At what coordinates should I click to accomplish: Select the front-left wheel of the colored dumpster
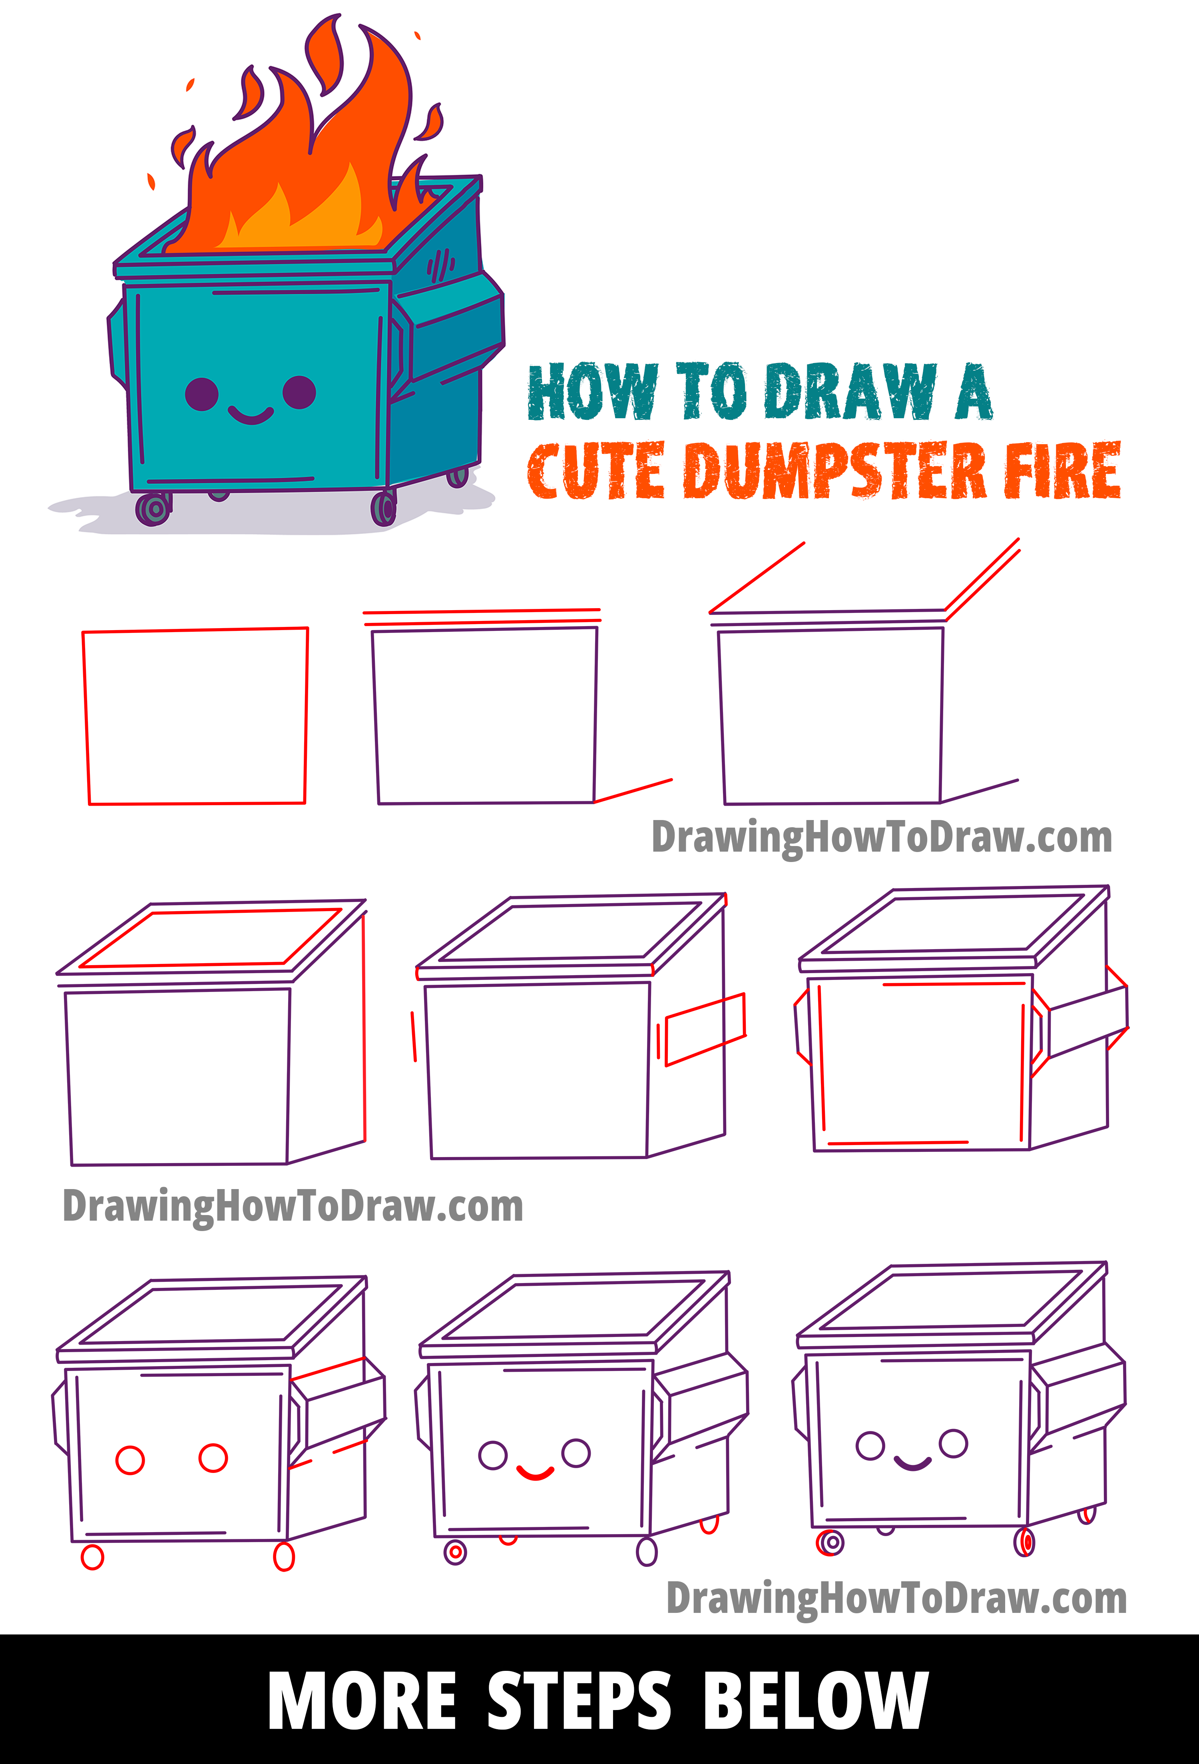click(x=154, y=509)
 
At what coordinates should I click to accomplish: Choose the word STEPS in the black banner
click(x=579, y=1700)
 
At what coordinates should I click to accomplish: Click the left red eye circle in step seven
click(x=130, y=1460)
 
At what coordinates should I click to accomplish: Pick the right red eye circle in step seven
click(x=213, y=1457)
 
